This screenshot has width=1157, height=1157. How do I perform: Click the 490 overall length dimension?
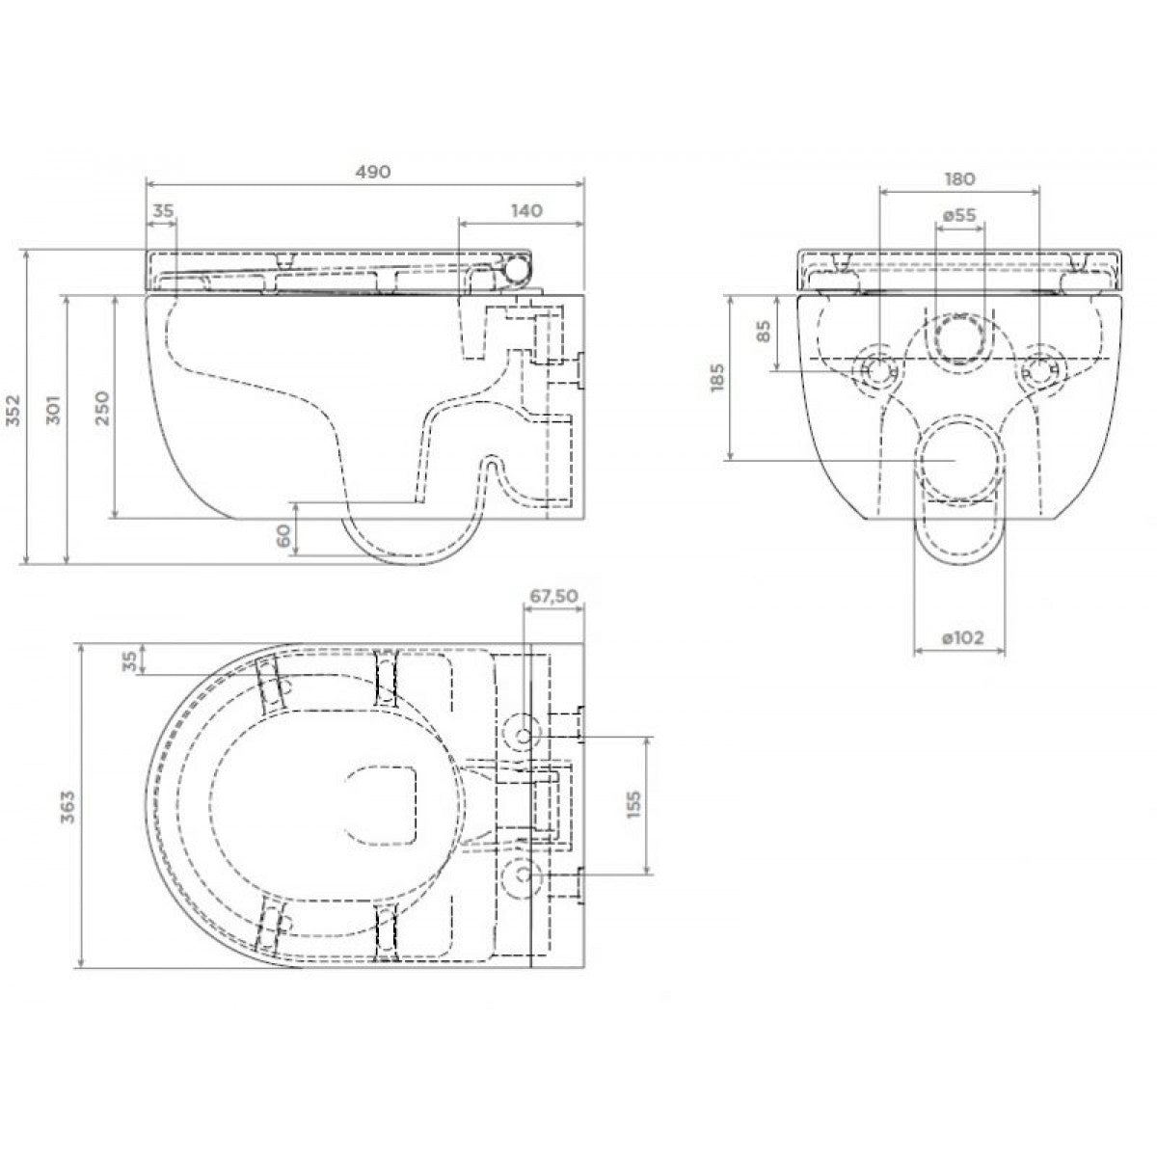pyautogui.click(x=373, y=172)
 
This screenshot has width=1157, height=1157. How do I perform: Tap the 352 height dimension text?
pyautogui.click(x=13, y=410)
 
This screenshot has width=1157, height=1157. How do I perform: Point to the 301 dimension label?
pyautogui.click(x=54, y=410)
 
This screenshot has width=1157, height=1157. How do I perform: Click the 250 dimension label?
pyautogui.click(x=103, y=408)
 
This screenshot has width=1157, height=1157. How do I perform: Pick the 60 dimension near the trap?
pyautogui.click(x=284, y=534)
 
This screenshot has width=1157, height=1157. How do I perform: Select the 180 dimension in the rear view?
pyautogui.click(x=958, y=179)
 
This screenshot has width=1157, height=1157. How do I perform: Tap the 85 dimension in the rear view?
pyautogui.click(x=763, y=331)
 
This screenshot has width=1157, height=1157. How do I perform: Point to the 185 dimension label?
pyautogui.click(x=717, y=378)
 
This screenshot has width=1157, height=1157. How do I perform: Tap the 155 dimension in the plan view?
pyautogui.click(x=634, y=804)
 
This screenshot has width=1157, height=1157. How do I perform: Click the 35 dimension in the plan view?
pyautogui.click(x=130, y=659)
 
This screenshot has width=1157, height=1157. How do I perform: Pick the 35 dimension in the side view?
pyautogui.click(x=163, y=211)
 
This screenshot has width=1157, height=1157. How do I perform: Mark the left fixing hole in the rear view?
pyautogui.click(x=878, y=370)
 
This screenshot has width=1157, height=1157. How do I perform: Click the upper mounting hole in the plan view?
pyautogui.click(x=522, y=735)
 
